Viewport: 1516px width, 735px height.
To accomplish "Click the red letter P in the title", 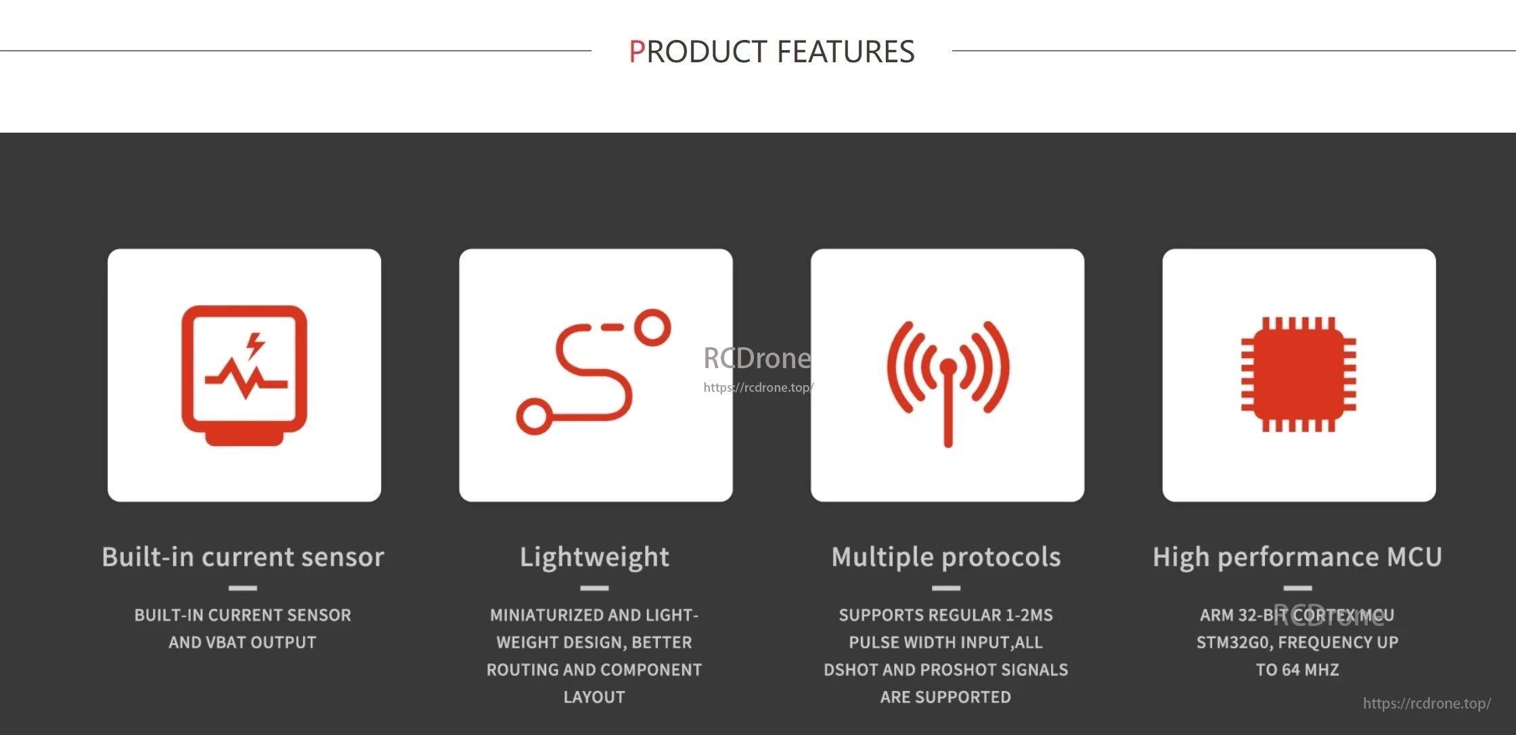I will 637,52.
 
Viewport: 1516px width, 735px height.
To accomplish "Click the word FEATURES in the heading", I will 845,52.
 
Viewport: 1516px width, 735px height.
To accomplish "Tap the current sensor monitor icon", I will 244,375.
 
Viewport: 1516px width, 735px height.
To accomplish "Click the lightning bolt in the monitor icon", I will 255,344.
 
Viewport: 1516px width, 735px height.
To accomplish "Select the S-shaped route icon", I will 594,372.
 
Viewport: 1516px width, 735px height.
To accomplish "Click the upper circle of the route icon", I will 652,328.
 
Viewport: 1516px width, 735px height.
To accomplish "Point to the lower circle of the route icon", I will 535,416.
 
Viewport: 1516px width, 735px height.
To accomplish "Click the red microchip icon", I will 1298,374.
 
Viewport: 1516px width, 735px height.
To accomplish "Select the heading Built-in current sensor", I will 243,557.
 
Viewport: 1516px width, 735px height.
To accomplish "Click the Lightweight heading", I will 594,557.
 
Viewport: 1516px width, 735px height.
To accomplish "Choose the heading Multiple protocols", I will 946,557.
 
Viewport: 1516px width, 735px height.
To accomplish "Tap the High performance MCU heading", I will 1297,557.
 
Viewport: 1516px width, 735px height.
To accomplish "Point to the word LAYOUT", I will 594,697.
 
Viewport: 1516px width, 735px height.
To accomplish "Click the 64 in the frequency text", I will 1291,670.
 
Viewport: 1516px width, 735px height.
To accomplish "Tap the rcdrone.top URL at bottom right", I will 1427,703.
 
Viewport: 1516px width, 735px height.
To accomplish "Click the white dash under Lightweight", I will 594,588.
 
